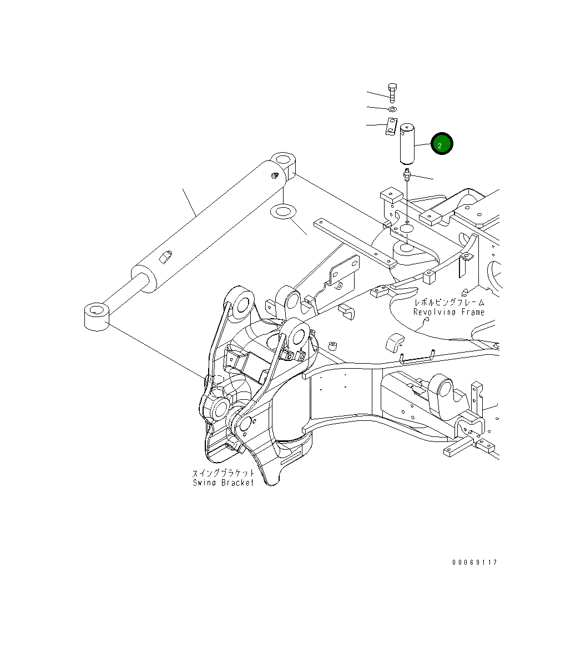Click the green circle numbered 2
(442, 145)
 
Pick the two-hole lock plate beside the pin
(391, 127)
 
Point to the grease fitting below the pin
(407, 176)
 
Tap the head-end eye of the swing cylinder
(284, 163)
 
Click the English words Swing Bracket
(223, 483)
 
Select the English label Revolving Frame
(448, 312)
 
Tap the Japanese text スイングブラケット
(223, 473)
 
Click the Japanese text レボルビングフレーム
(449, 303)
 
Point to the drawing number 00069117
(474, 562)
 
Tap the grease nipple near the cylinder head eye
(274, 176)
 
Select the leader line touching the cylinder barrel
(189, 203)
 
